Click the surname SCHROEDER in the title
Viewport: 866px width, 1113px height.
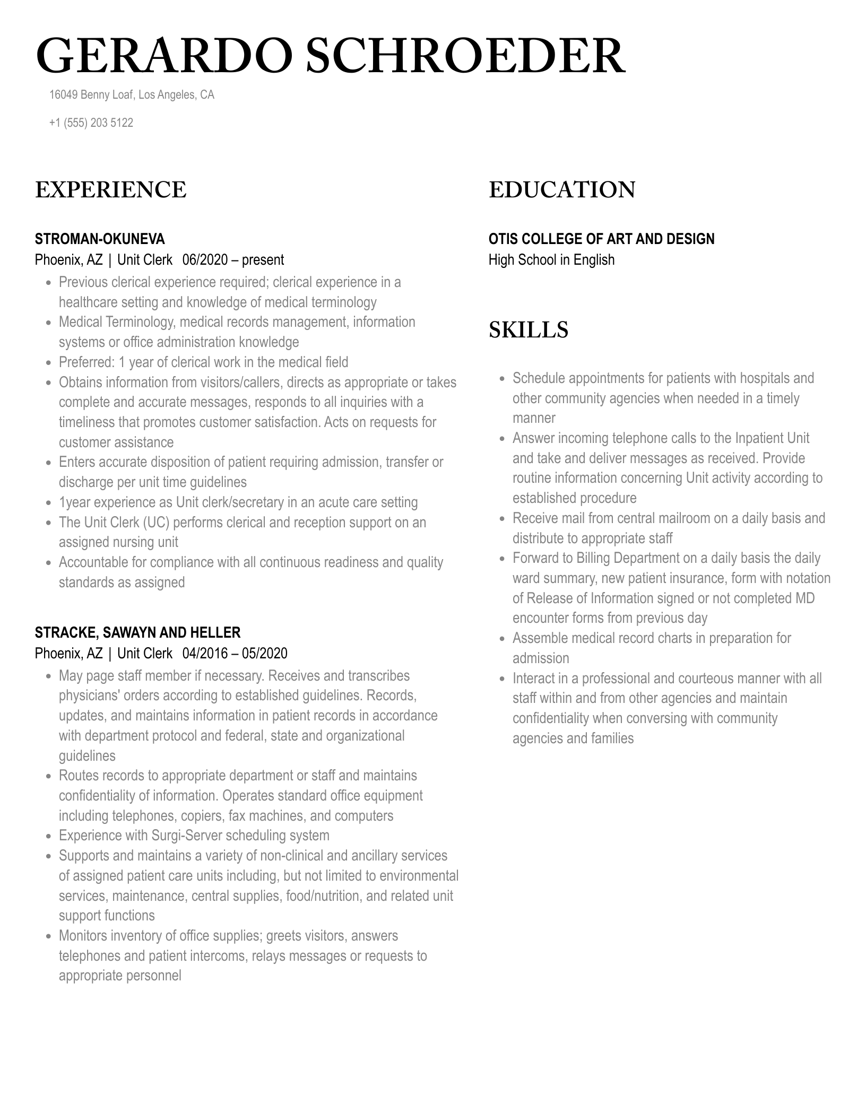pyautogui.click(x=465, y=57)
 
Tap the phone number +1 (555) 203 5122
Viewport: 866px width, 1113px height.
pyautogui.click(x=91, y=123)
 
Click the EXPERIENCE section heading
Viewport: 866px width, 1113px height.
pyautogui.click(x=110, y=190)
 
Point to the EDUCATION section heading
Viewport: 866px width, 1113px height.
pyautogui.click(x=561, y=190)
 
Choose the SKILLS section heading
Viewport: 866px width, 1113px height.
pyautogui.click(x=528, y=329)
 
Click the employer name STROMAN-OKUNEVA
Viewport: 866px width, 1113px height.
pyautogui.click(x=100, y=239)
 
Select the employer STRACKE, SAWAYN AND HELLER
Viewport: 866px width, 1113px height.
pyautogui.click(x=137, y=632)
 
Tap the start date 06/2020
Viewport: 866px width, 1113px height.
pyautogui.click(x=205, y=260)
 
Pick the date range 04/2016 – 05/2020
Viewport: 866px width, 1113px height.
pyautogui.click(x=235, y=653)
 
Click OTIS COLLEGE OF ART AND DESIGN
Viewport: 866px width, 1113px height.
pyautogui.click(x=601, y=239)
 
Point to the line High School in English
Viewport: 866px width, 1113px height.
pyautogui.click(x=551, y=260)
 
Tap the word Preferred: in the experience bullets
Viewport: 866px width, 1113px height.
pyautogui.click(x=86, y=362)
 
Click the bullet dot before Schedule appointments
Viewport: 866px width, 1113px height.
pyautogui.click(x=502, y=379)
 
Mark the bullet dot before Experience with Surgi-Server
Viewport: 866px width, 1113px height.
pyautogui.click(x=48, y=836)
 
